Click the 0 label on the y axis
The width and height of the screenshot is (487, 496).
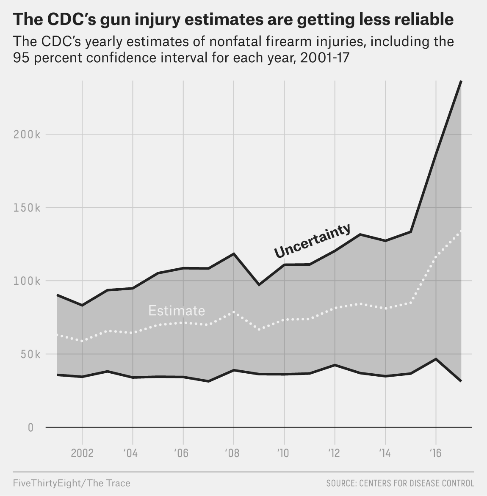(30, 427)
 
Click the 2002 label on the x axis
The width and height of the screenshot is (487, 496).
(82, 453)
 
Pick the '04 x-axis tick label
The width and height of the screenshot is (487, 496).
(131, 453)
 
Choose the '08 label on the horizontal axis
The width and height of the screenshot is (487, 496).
(232, 453)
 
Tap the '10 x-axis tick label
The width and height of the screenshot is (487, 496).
(282, 453)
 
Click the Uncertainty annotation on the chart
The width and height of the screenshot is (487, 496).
(313, 240)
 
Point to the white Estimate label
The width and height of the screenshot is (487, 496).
(177, 311)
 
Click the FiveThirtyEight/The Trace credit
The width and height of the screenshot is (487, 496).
(72, 483)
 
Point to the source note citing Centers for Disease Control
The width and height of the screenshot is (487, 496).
(400, 483)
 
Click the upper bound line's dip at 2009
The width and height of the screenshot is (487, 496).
(259, 284)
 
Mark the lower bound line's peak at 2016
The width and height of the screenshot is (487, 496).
(436, 359)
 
